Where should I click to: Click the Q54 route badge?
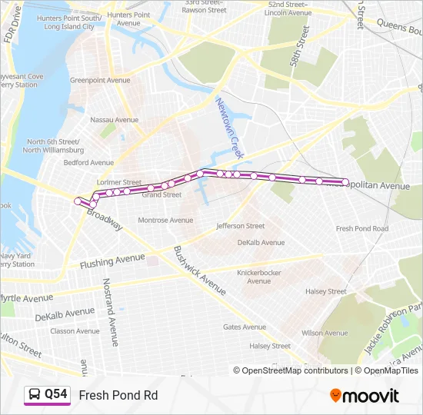(46, 395)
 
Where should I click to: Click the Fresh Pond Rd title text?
(118, 395)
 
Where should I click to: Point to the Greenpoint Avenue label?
(100, 80)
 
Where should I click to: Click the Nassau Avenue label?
(114, 120)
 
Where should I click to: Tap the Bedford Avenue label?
(88, 163)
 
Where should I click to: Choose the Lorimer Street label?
(118, 183)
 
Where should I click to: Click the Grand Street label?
(162, 195)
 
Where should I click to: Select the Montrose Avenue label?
(165, 221)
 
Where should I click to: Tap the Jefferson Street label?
(240, 226)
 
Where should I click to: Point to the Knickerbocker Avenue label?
(259, 277)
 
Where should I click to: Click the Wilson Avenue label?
(323, 334)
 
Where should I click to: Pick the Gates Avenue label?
(244, 327)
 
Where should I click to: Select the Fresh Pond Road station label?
(361, 228)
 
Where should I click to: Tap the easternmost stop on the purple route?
(345, 182)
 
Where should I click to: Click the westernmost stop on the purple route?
(78, 201)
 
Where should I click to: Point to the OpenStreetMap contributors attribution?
(291, 370)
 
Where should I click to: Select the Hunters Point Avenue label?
(128, 19)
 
